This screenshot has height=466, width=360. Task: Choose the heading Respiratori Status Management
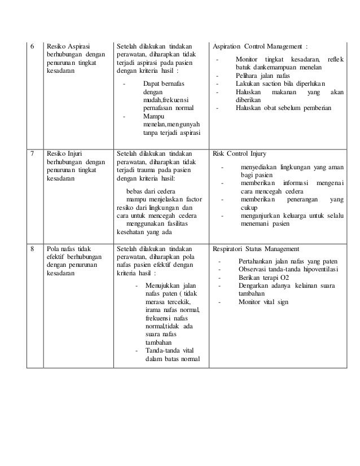[256, 248]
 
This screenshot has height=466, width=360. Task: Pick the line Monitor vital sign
[264, 301]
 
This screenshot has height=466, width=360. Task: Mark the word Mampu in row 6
[153, 116]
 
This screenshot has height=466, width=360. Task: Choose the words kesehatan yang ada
[145, 230]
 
